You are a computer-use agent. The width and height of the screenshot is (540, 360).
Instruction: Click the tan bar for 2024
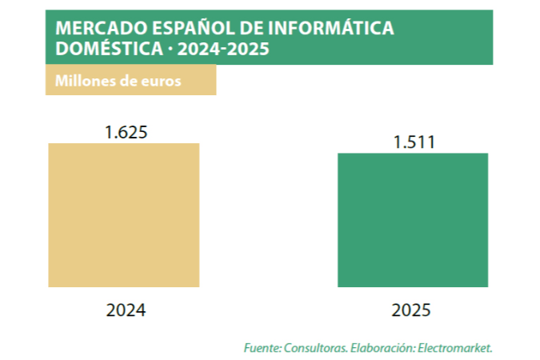click(x=124, y=215)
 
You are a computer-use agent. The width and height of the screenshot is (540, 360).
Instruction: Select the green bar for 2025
click(x=413, y=220)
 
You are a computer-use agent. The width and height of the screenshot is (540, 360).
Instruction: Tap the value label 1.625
click(x=126, y=132)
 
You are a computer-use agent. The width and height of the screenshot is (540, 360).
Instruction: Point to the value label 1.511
click(x=414, y=142)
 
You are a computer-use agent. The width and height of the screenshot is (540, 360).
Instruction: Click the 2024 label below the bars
click(x=126, y=310)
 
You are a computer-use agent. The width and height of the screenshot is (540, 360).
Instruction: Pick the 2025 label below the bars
click(x=411, y=310)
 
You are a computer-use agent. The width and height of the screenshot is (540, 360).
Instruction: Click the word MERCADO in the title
click(x=102, y=28)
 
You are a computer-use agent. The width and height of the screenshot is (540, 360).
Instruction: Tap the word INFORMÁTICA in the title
click(x=330, y=27)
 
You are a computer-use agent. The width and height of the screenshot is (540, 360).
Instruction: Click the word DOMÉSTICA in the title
click(x=109, y=47)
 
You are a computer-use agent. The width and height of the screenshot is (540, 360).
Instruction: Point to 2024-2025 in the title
click(x=223, y=49)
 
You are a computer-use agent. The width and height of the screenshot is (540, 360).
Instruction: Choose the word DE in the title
click(x=251, y=28)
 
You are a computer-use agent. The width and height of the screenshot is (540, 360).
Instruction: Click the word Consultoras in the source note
click(x=316, y=348)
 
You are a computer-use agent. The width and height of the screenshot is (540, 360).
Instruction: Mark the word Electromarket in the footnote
click(x=454, y=348)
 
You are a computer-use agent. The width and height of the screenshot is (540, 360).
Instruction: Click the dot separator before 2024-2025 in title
click(x=170, y=49)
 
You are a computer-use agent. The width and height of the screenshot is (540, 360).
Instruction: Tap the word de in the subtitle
click(x=128, y=81)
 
